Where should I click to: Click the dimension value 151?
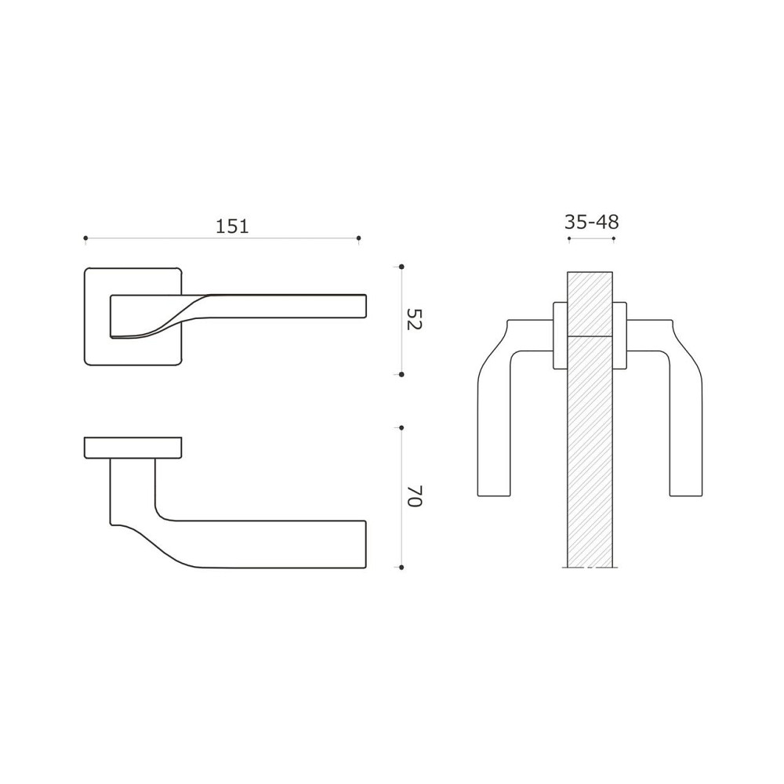[x=232, y=227]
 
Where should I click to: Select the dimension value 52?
[x=414, y=319]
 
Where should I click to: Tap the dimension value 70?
[x=414, y=496]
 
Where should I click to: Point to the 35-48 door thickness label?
[x=590, y=222]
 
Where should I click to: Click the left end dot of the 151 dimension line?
[x=85, y=238]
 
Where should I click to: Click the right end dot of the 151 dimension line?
[x=358, y=238]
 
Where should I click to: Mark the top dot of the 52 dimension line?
[x=401, y=267]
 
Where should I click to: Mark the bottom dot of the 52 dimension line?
[x=401, y=375]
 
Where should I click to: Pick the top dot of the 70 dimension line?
[x=401, y=428]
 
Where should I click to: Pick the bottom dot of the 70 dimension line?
[x=401, y=566]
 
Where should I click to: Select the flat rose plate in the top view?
[x=133, y=447]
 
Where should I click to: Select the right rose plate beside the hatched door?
[x=620, y=335]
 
